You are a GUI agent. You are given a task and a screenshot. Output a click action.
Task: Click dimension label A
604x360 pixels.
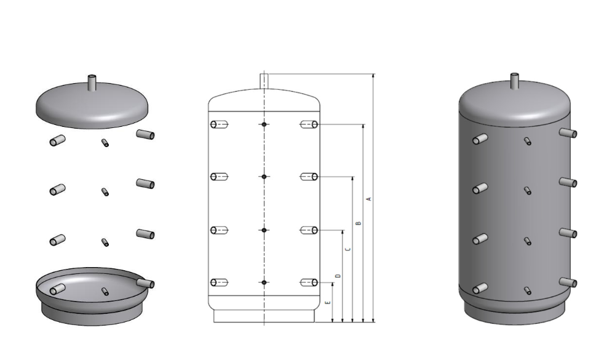[x=368, y=199]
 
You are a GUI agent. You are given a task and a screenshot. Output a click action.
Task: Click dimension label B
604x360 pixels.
[x=358, y=223]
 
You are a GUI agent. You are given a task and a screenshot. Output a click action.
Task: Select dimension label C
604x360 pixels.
[x=348, y=249]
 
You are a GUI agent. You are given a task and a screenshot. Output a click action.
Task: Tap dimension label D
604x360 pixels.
[x=338, y=276]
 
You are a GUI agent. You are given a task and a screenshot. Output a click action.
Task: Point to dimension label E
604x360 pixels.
[x=328, y=303]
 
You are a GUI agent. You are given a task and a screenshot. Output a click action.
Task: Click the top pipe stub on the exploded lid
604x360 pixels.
[x=92, y=82]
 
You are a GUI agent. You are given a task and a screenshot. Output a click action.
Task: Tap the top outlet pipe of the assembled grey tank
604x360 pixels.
[x=515, y=81]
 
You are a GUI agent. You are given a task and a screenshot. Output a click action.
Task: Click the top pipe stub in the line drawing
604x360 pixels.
[x=264, y=81]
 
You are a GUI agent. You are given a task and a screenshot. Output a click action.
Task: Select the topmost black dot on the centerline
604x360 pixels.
[x=264, y=124]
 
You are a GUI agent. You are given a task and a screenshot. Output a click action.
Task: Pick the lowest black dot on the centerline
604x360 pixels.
[x=264, y=282]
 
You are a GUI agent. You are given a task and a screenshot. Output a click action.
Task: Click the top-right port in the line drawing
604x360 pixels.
[x=309, y=124]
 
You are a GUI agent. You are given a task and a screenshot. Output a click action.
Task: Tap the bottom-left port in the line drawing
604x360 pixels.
[x=219, y=282]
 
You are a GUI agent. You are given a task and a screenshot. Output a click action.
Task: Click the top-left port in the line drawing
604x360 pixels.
[x=219, y=124]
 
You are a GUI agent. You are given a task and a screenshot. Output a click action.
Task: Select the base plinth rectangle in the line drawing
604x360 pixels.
[x=264, y=316]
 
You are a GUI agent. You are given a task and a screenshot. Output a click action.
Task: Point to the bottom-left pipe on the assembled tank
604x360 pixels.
[x=480, y=289]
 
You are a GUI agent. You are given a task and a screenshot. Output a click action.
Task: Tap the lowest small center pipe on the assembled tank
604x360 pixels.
[x=528, y=290]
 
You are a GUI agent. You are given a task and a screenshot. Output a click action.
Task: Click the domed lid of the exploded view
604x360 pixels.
[x=92, y=105]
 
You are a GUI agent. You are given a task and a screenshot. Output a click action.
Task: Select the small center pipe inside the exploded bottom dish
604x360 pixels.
[x=105, y=292]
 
